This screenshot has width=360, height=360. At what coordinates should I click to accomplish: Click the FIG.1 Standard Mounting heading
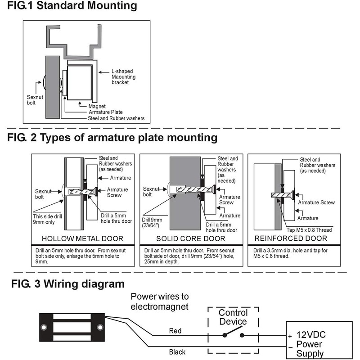(69, 6)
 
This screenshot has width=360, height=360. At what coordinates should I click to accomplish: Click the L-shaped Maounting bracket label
(123, 77)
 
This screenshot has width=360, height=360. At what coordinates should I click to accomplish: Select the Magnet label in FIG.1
(97, 106)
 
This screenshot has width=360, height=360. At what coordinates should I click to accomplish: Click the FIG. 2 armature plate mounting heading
(112, 138)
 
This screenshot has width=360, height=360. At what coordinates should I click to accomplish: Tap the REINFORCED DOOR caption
(291, 238)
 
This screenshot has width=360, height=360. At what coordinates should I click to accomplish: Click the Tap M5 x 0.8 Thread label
(306, 230)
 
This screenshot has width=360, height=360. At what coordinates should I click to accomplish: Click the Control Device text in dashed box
(233, 317)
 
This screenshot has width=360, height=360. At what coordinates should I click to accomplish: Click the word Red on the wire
(175, 331)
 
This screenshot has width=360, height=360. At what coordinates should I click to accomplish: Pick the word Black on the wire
(176, 352)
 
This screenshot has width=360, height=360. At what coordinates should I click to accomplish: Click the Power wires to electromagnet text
(160, 301)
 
